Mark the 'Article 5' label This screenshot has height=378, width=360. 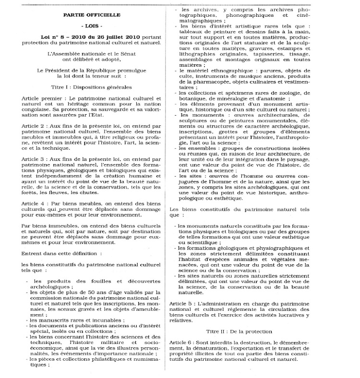(182, 304)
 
